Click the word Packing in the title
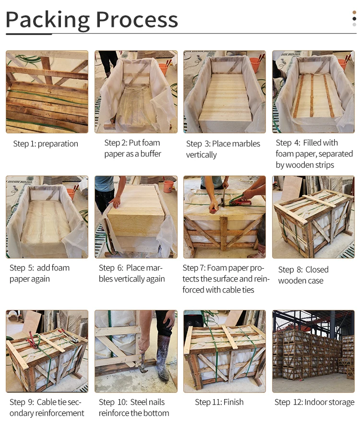coord(48,20)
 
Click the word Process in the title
coord(137,20)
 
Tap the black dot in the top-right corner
coord(354,19)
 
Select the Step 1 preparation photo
coord(47,92)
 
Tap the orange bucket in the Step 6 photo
coord(168,187)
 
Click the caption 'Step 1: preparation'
coord(46,144)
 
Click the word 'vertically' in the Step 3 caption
coord(201,155)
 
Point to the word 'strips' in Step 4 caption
coord(325,165)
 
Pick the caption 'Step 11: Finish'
coord(219,402)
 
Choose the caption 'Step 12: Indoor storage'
coord(314,402)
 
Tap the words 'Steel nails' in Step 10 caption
coord(147,402)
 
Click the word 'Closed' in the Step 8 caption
coord(317,270)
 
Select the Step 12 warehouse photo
coord(313,351)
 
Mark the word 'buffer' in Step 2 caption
coord(151,154)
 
